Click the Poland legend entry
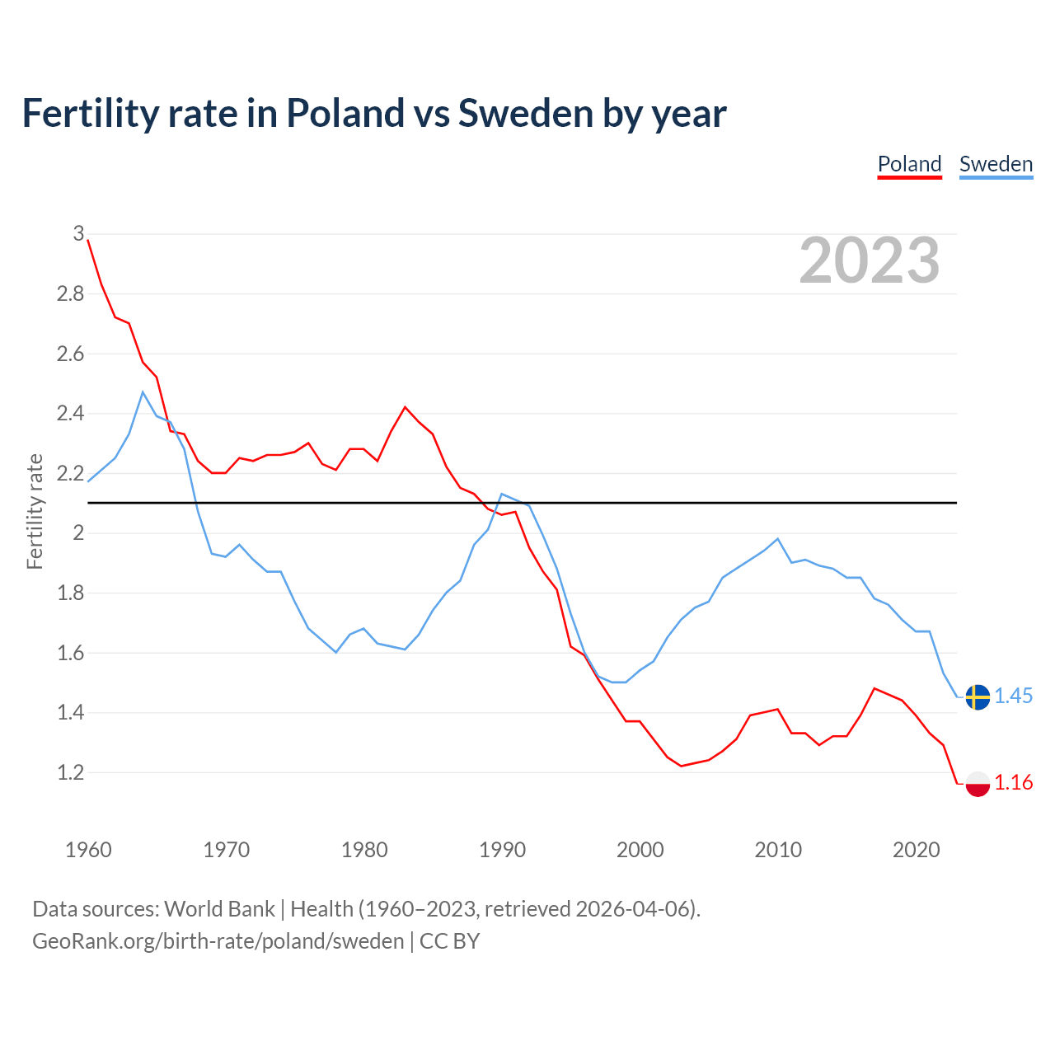pos(909,164)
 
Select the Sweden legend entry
pos(996,164)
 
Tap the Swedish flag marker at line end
pos(978,696)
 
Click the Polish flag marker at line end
pos(978,783)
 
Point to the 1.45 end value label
pos(1013,696)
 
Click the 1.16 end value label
pos(1013,782)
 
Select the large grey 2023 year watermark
pos(870,260)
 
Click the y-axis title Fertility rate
pos(35,511)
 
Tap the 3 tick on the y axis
pos(78,233)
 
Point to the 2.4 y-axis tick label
pos(70,413)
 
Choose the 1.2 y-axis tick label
pos(70,772)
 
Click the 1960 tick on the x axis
pos(88,850)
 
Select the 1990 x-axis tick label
pos(502,850)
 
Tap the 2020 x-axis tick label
pos(916,850)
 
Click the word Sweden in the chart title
pos(525,113)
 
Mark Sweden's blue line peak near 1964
pos(143,392)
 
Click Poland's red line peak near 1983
pos(405,407)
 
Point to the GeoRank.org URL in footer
pos(218,941)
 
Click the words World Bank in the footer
pos(219,908)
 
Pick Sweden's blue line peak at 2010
pos(777,539)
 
